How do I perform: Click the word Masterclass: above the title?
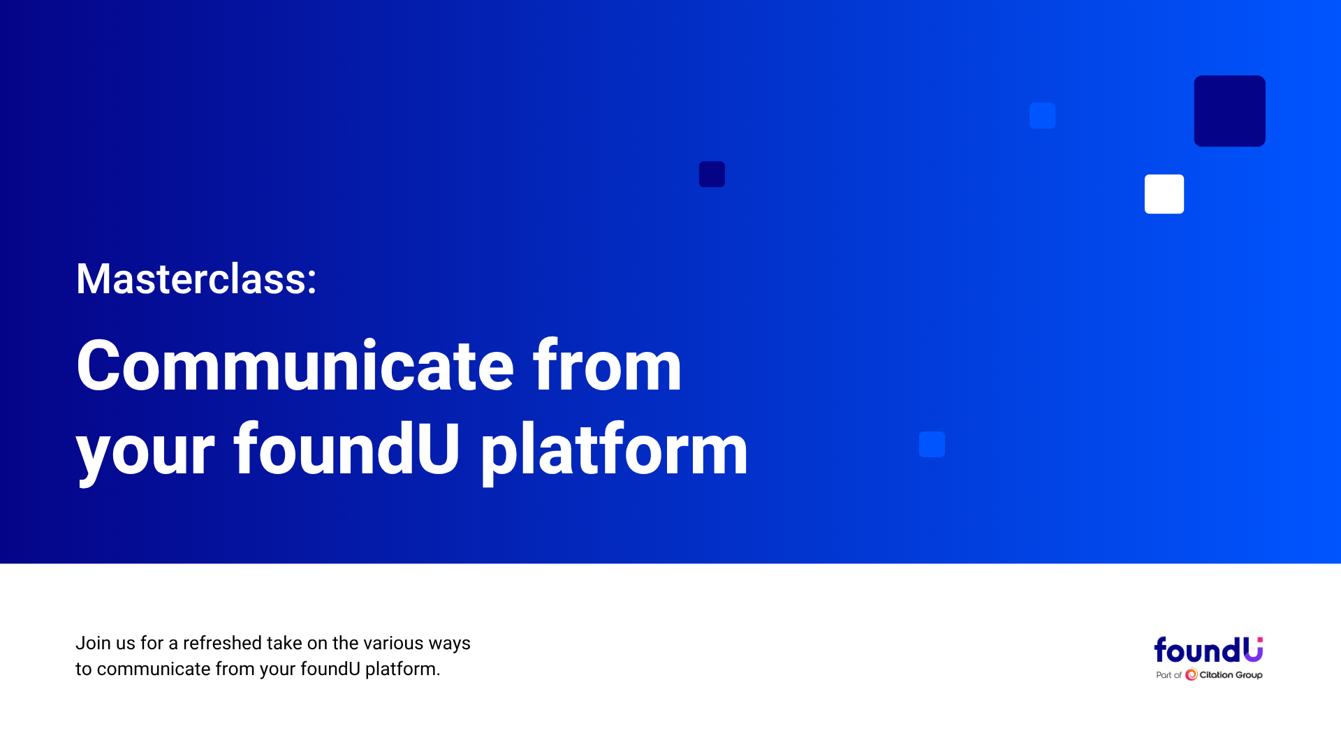click(x=196, y=279)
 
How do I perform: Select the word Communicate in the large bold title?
click(x=295, y=366)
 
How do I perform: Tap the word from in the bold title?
click(x=607, y=366)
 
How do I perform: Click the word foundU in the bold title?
click(x=347, y=449)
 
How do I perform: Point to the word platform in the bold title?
click(x=614, y=450)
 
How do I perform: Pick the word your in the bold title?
click(x=145, y=457)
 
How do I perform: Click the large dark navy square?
click(x=1229, y=111)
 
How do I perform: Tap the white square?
click(x=1164, y=194)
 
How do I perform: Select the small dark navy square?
click(x=712, y=174)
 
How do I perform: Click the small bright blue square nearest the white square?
click(x=1042, y=116)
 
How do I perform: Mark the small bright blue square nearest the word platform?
click(x=932, y=444)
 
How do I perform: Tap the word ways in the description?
click(x=450, y=644)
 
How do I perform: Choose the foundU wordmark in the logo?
click(x=1208, y=650)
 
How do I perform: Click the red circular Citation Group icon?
click(x=1192, y=674)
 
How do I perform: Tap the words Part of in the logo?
click(x=1168, y=675)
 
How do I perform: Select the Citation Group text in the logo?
click(x=1231, y=675)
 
